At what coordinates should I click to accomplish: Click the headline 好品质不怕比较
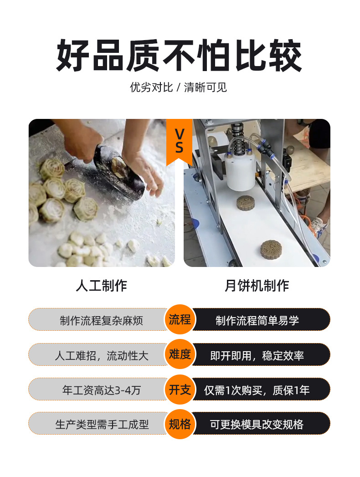[179, 56]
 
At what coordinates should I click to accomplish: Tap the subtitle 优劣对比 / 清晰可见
[178, 87]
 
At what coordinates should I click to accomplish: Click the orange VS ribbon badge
[179, 141]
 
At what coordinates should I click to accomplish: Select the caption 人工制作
[101, 286]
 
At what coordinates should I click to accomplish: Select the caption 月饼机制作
[257, 286]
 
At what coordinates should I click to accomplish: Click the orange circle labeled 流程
[180, 319]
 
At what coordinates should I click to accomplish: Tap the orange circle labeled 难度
[180, 354]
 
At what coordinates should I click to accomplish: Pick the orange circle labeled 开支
[180, 390]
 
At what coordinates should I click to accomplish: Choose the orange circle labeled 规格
[180, 424]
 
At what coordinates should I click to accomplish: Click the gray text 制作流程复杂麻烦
[101, 320]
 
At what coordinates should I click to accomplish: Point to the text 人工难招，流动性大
[102, 355]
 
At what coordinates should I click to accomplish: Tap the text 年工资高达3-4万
[102, 390]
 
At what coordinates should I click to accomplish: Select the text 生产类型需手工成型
[102, 424]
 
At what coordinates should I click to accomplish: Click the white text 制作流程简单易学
[257, 320]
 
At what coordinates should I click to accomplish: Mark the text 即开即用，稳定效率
[257, 355]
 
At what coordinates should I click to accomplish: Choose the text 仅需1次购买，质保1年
[257, 390]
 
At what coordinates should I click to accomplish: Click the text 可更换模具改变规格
[257, 424]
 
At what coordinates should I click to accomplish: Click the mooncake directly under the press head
[246, 203]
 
